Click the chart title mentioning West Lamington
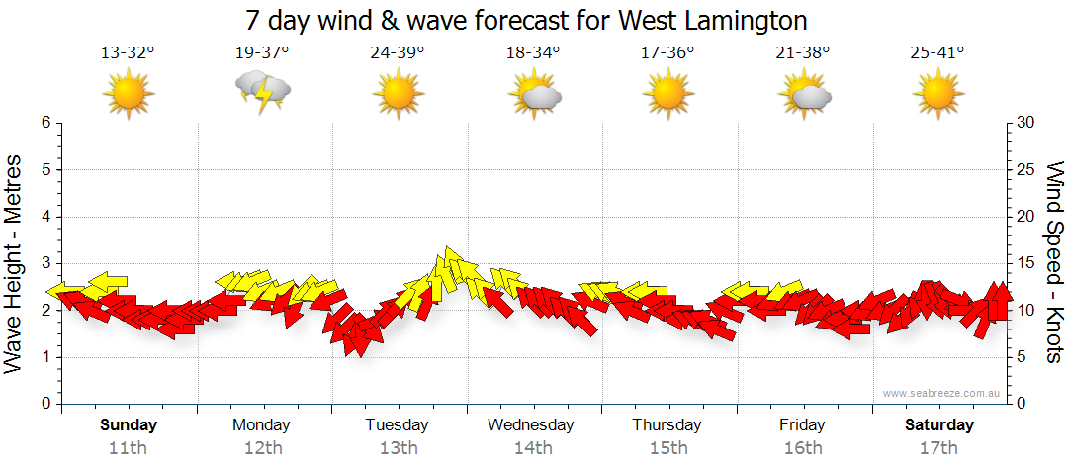click(526, 20)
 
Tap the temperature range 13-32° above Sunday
click(128, 53)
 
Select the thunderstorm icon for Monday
click(262, 91)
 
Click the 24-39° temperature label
click(398, 53)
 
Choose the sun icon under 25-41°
click(937, 95)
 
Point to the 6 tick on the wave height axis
click(44, 123)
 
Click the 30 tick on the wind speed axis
click(1026, 123)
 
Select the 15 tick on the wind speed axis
click(1026, 263)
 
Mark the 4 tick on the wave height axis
click(44, 217)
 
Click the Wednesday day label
click(531, 425)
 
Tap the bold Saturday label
click(940, 425)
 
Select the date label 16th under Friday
click(802, 448)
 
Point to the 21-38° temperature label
click(802, 53)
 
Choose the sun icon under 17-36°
click(667, 95)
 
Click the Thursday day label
click(667, 425)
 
